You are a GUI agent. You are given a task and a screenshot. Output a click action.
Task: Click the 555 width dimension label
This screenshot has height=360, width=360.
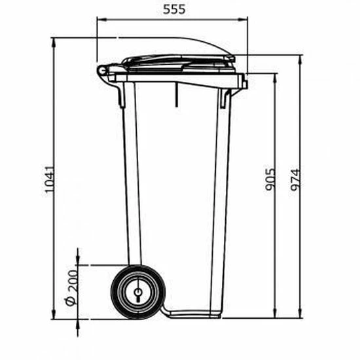click(x=174, y=10)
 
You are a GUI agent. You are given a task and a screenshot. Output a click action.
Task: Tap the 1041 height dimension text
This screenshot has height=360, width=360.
click(x=49, y=179)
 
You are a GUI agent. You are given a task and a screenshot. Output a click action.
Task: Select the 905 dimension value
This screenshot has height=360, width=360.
click(x=270, y=179)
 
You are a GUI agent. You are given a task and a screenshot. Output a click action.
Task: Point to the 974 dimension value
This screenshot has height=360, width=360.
click(x=295, y=180)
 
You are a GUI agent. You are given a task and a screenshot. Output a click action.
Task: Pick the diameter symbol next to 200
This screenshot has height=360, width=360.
click(x=70, y=301)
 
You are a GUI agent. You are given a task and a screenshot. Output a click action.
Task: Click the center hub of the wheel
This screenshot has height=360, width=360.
click(x=138, y=293)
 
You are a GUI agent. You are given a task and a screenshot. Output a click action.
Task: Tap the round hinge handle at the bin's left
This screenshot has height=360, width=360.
click(x=102, y=71)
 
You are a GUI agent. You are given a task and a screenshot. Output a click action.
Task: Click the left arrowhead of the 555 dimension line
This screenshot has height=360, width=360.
click(x=101, y=20)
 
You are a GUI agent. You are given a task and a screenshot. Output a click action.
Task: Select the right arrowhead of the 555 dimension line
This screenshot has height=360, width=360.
click(x=243, y=20)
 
